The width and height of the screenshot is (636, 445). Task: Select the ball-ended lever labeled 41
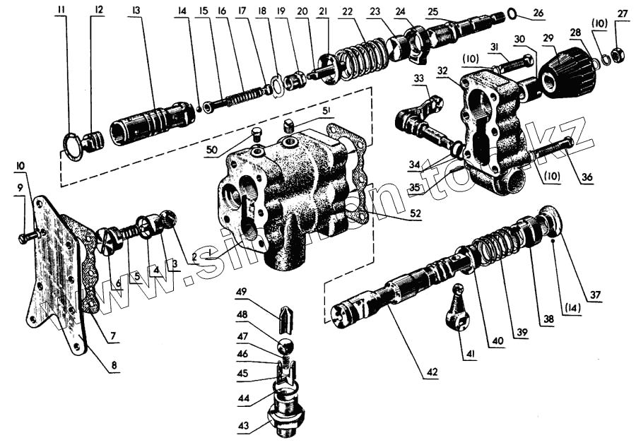pos(457,309)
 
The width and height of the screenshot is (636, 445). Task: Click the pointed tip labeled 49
pos(286,320)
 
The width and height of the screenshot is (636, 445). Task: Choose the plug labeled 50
pos(257,133)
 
